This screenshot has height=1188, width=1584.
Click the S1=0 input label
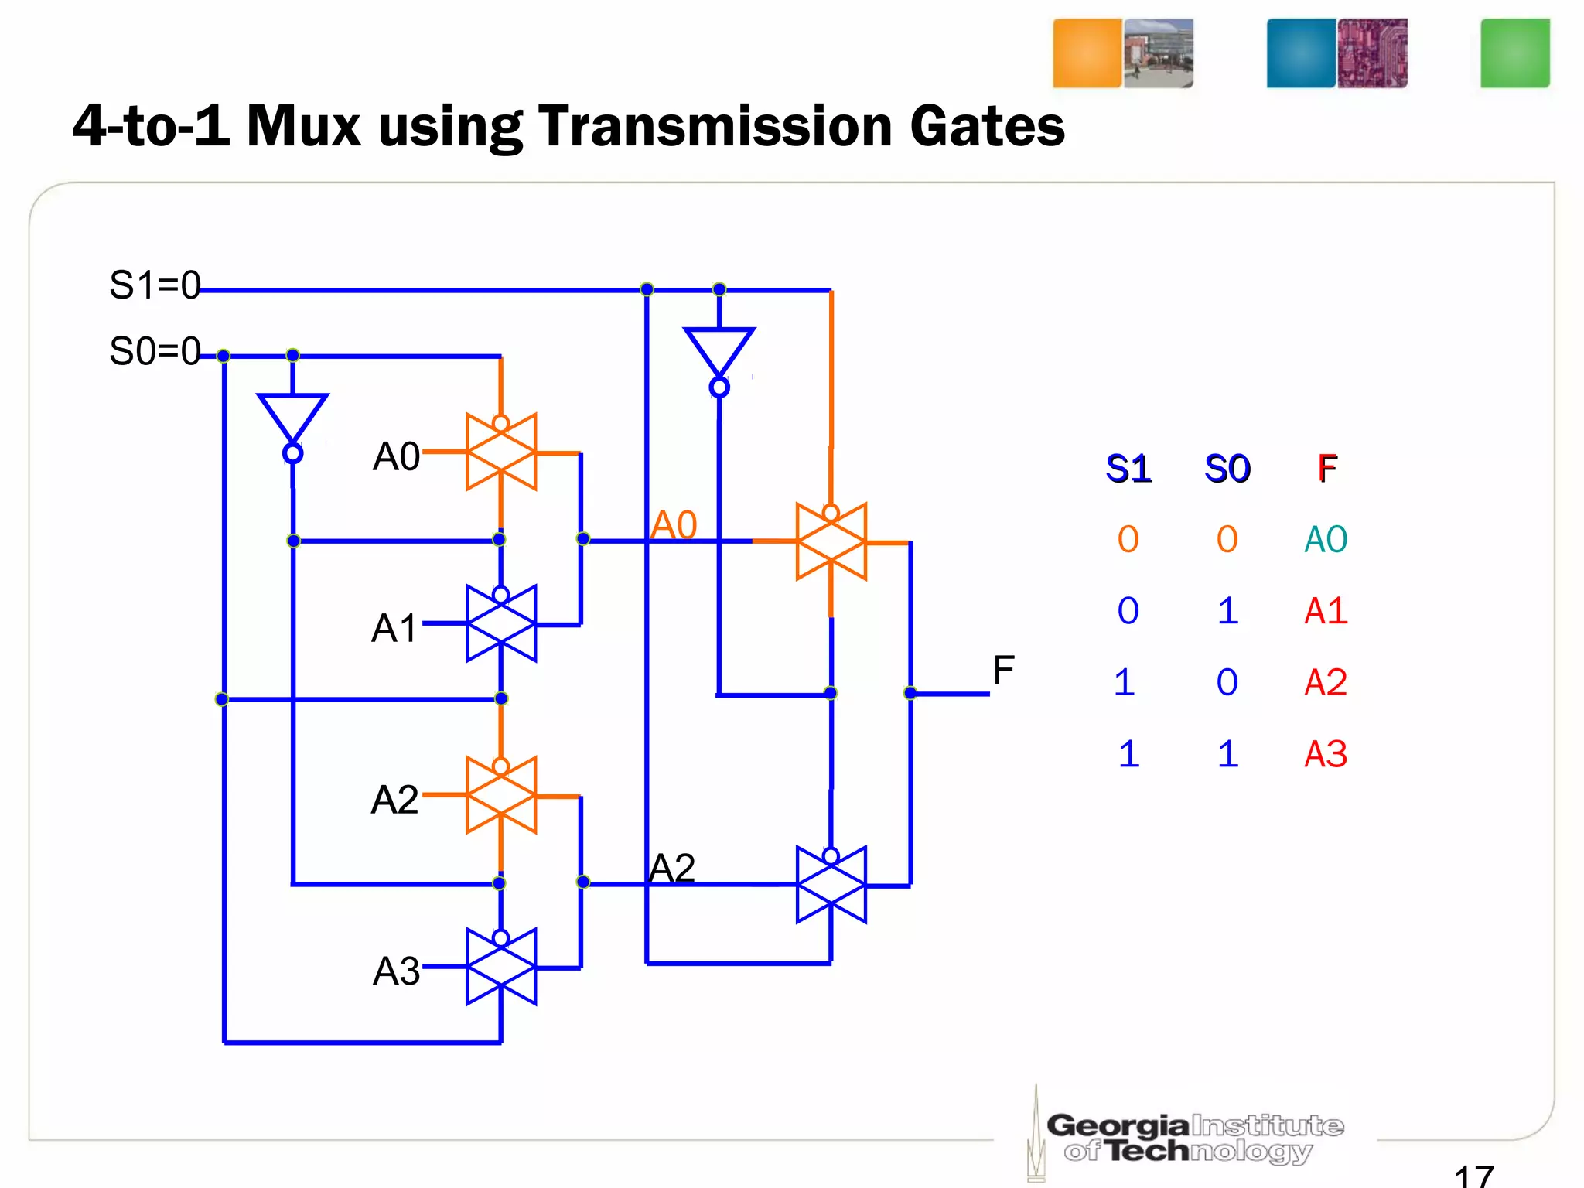[x=155, y=285]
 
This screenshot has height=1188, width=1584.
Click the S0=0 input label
[x=155, y=352]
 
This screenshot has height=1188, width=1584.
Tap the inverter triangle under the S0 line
[x=292, y=418]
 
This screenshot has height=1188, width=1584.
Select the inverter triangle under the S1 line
[x=719, y=353]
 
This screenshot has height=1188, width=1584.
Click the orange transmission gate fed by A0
[x=501, y=452]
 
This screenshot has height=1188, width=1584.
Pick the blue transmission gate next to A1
[x=501, y=623]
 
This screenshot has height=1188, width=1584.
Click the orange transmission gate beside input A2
[x=501, y=795]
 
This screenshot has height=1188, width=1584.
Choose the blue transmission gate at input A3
[x=501, y=967]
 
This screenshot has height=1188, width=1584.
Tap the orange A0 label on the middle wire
[x=674, y=525]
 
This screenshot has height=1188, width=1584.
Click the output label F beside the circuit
[x=1003, y=670]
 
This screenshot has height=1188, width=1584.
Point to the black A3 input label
[x=396, y=971]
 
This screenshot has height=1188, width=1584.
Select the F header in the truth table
[x=1327, y=469]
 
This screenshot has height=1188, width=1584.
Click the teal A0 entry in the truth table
[x=1326, y=539]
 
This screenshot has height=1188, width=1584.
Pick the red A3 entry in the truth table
[x=1326, y=754]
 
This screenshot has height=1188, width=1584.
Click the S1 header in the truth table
[x=1128, y=469]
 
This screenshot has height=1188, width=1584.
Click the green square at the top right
[x=1514, y=53]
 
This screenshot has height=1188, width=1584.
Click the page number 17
[x=1473, y=1176]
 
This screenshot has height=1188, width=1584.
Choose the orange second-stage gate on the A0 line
[x=831, y=542]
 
